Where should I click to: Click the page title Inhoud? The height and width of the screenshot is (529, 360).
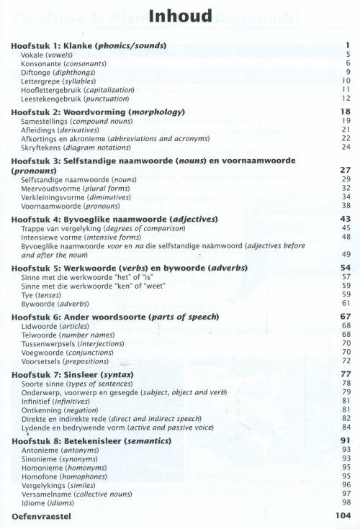[x=180, y=16]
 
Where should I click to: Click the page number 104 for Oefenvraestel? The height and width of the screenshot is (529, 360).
[x=342, y=517]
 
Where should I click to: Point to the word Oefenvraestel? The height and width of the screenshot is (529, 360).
[x=42, y=517]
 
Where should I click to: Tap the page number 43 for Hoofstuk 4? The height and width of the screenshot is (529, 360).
[x=345, y=218]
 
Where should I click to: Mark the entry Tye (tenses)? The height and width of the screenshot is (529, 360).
[x=45, y=294]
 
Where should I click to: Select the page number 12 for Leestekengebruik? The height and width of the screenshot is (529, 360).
[x=346, y=99]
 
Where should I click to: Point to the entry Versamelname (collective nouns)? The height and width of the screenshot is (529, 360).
[x=77, y=494]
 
